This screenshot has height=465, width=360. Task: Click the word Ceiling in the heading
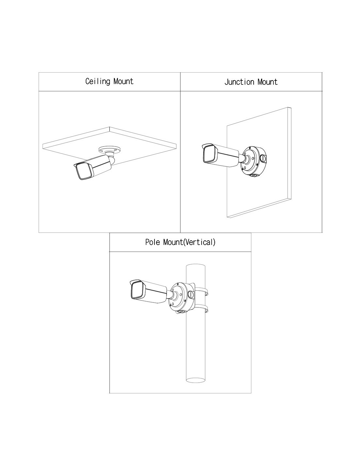pos(98,81)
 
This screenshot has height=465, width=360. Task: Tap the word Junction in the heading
pos(239,82)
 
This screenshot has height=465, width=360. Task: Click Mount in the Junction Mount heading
pos(267,82)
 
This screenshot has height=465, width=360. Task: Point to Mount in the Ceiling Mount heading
pos(123,81)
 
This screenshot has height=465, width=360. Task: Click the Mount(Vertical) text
pos(189,242)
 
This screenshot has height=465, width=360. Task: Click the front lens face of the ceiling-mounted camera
pos(84,172)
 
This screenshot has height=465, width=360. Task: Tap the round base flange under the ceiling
pos(109,149)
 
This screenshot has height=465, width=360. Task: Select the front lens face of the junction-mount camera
pos(209,154)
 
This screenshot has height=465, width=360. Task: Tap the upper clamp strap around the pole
pos(204,291)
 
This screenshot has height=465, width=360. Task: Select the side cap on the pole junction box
pos(190,294)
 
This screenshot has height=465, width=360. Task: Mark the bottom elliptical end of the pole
pos(195,380)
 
